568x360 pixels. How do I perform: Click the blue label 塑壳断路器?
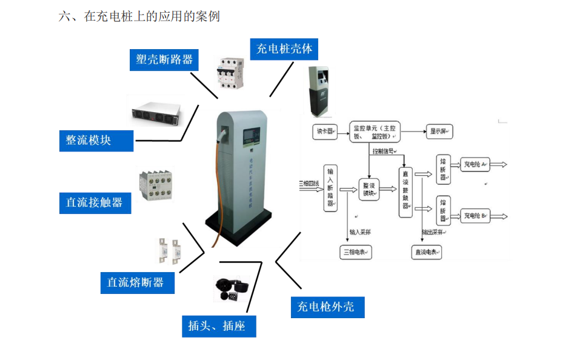pos(164,59)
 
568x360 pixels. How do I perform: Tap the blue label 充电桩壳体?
pos(284,48)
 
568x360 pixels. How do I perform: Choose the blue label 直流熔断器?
pos(136,282)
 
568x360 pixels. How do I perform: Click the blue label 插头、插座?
pos(217,326)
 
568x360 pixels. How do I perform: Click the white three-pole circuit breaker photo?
pos(233,73)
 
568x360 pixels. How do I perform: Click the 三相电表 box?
pos(356,252)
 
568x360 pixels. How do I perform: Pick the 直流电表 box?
pos(426,252)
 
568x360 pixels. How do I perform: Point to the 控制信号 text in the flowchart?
pos(384,151)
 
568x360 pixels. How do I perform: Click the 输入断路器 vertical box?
pos(330,187)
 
